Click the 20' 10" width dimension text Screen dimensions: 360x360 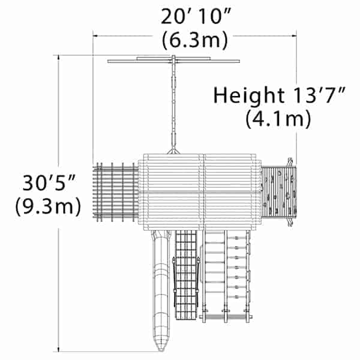click(196, 17)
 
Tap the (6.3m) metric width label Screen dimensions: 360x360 click(195, 41)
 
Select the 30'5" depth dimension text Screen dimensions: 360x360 click(49, 183)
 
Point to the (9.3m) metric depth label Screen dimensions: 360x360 click(48, 206)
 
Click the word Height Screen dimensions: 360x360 click(249, 95)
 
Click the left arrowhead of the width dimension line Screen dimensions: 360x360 click(95, 36)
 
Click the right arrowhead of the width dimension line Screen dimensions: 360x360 click(294, 36)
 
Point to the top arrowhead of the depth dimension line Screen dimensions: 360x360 click(59, 58)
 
